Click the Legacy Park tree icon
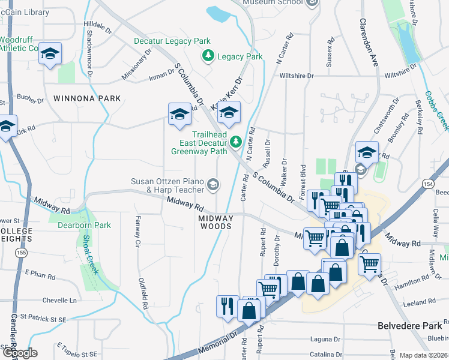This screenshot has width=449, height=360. pos(208,56)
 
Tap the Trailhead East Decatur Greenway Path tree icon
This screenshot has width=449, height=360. pos(237,142)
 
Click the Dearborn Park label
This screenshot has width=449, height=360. pos(85,226)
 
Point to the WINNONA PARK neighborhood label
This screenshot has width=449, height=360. pos(79,98)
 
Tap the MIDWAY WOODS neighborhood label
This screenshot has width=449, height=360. pos(215,222)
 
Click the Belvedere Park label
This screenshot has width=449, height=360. pos(409,326)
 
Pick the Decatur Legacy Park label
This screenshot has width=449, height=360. pos(163,41)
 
